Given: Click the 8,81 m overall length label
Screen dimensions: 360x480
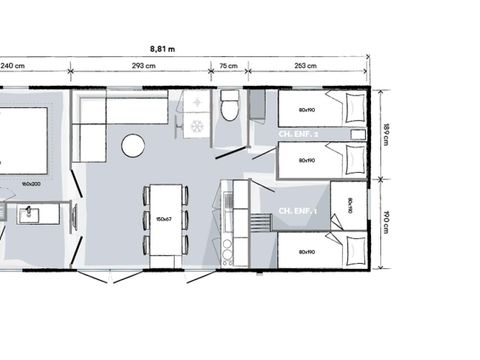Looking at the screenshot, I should pos(162,47).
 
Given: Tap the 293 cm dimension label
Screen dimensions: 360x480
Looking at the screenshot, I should pos(141,67).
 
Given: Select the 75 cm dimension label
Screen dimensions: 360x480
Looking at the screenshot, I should pos(228,67).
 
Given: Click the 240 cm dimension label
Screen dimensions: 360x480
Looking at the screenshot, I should pos(12,67).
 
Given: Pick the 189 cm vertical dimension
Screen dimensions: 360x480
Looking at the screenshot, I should pos(386,133).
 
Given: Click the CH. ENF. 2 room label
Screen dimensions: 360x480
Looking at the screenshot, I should pos(298,133).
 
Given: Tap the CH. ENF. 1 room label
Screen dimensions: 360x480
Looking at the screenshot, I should pos(298,211).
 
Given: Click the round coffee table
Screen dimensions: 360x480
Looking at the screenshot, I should pos(133,146).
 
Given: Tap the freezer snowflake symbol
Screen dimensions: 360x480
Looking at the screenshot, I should pos(197,127).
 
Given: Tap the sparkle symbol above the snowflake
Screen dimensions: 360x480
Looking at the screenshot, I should pos(197,104).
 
